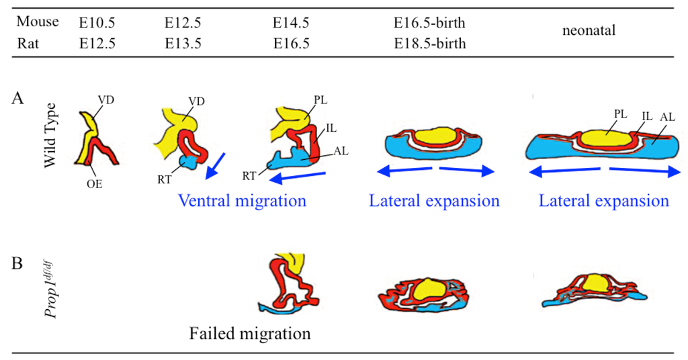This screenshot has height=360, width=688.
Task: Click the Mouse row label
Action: tap(38, 21)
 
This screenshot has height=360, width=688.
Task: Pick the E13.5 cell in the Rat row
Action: tap(183, 44)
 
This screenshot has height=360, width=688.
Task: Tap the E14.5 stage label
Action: tap(291, 23)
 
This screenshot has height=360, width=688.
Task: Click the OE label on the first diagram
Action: tap(95, 183)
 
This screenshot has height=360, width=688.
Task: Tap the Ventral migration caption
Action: tap(242, 201)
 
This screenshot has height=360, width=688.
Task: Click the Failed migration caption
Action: tap(250, 333)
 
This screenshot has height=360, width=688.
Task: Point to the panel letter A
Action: tap(18, 98)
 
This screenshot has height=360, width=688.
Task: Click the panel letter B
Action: tap(18, 263)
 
